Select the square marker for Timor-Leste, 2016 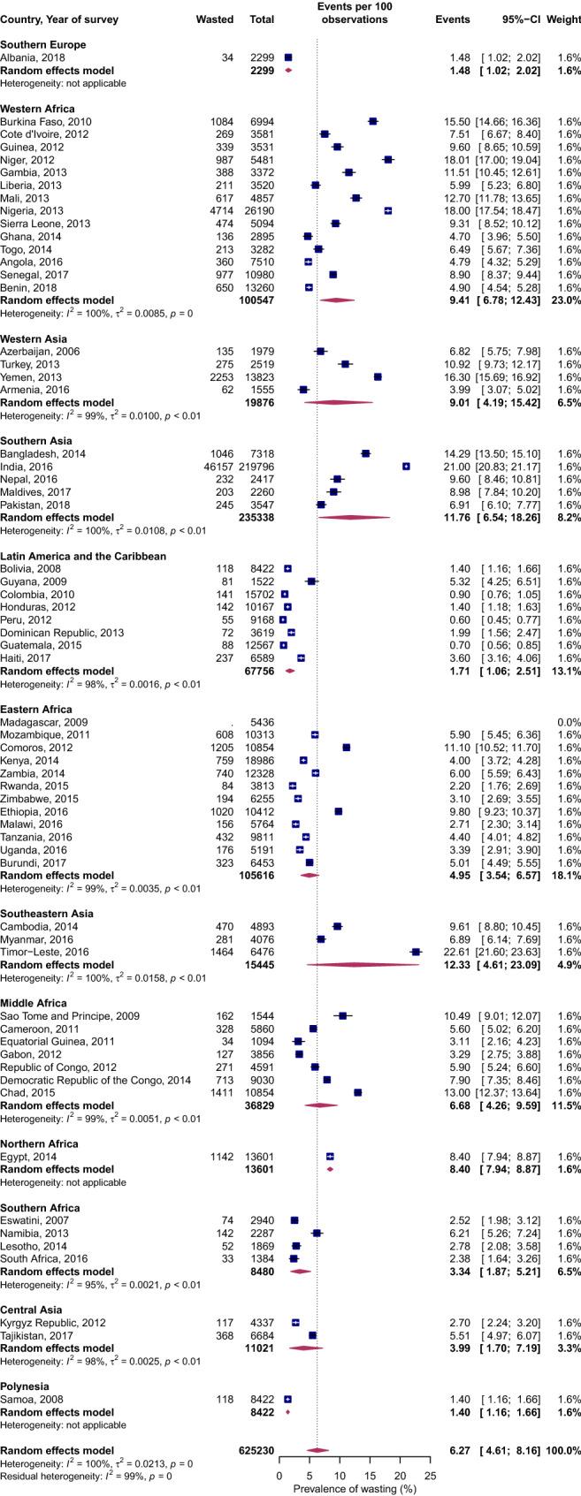pos(417,952)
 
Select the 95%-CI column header pos(518,19)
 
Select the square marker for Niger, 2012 pos(387,160)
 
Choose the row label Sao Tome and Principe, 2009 pos(70,1015)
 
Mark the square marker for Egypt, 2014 pos(330,1156)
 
